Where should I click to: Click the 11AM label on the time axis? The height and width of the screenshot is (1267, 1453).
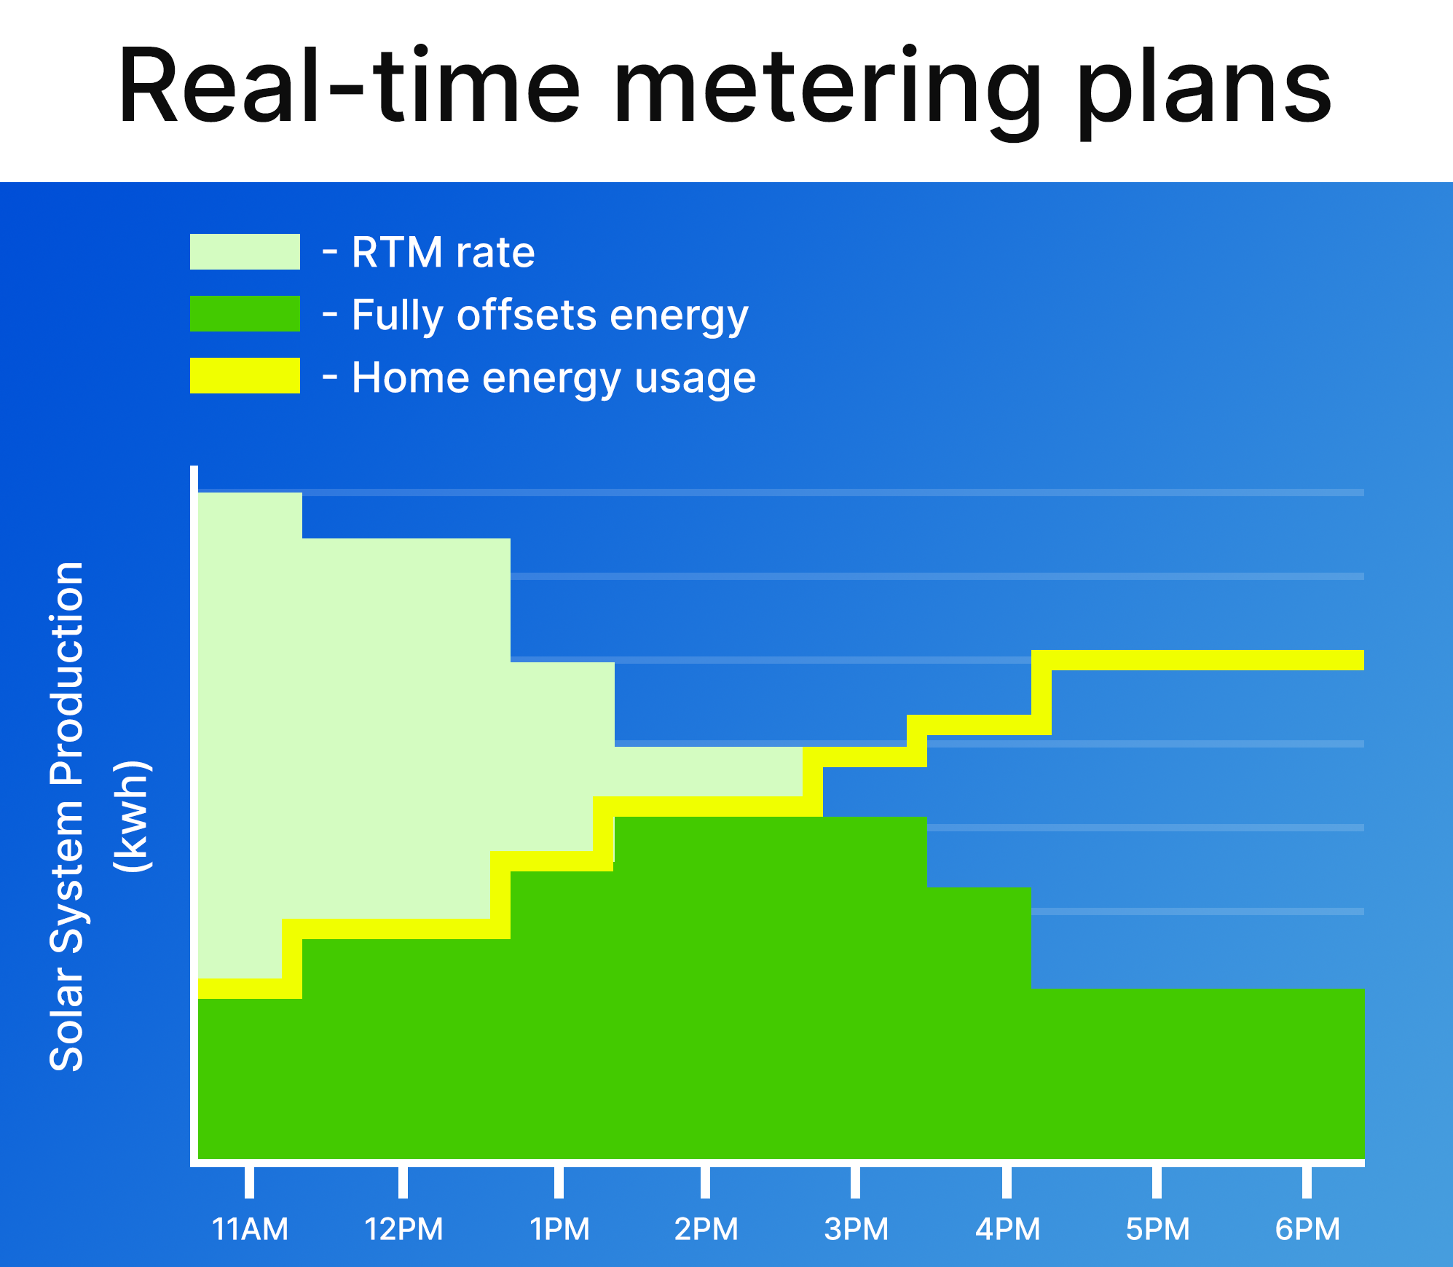pos(250,1229)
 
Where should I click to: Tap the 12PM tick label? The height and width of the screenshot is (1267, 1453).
pos(403,1229)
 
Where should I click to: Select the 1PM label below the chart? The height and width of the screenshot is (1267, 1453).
pos(559,1229)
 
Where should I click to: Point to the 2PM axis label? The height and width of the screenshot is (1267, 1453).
pos(706,1229)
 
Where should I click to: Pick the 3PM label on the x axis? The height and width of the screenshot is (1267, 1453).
pos(856,1229)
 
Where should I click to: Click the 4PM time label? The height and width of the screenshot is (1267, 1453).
pos(1007,1229)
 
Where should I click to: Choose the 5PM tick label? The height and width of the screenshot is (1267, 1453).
pos(1157,1229)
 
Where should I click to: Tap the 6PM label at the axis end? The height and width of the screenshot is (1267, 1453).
pos(1307,1229)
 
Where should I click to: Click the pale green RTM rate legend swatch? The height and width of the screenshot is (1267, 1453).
pos(245,251)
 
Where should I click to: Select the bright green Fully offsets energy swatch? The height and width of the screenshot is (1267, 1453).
pos(245,313)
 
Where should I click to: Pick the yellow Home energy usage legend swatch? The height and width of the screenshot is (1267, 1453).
pos(245,375)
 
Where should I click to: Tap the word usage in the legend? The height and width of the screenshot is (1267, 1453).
pos(695,379)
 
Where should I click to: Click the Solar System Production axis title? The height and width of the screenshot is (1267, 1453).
pos(66,816)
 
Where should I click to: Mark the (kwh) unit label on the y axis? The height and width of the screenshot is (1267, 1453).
pos(133,816)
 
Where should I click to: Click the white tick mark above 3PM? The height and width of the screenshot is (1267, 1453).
pos(855,1182)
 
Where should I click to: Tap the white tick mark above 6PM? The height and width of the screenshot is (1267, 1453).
pos(1307,1182)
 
